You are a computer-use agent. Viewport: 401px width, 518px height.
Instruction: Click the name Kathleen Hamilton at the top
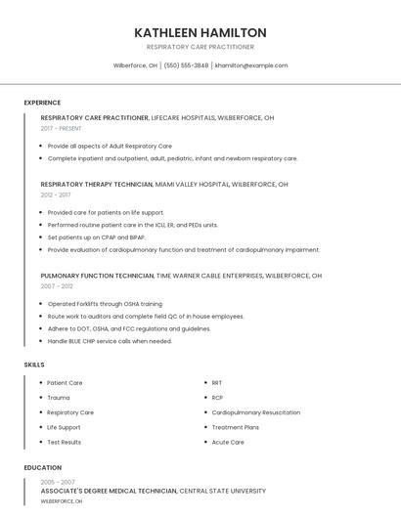[200, 33]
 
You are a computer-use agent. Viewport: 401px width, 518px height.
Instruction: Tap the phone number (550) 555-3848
[186, 65]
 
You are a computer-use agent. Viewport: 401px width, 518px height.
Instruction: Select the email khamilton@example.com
[251, 65]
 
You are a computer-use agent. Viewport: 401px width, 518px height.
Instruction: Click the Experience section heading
[42, 103]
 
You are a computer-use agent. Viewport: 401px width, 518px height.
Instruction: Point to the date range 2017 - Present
[62, 128]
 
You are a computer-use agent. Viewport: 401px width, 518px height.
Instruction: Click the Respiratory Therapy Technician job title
[96, 184]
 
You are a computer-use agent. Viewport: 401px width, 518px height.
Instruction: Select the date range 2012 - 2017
[56, 194]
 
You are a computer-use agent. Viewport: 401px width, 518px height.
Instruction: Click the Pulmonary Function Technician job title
[97, 276]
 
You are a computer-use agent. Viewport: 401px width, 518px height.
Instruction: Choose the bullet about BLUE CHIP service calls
[110, 341]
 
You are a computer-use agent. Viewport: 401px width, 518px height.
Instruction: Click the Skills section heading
[34, 365]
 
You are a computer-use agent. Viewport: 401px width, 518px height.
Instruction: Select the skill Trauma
[59, 398]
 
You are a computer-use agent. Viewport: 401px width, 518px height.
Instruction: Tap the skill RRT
[217, 383]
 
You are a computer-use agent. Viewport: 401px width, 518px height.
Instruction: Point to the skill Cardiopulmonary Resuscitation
[256, 412]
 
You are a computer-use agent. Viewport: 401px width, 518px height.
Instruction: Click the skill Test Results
[65, 442]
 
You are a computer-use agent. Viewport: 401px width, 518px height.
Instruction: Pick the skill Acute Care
[228, 442]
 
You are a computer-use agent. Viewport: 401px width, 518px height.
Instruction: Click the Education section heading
[43, 468]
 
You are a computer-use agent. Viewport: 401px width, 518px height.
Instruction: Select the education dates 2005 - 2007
[58, 482]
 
